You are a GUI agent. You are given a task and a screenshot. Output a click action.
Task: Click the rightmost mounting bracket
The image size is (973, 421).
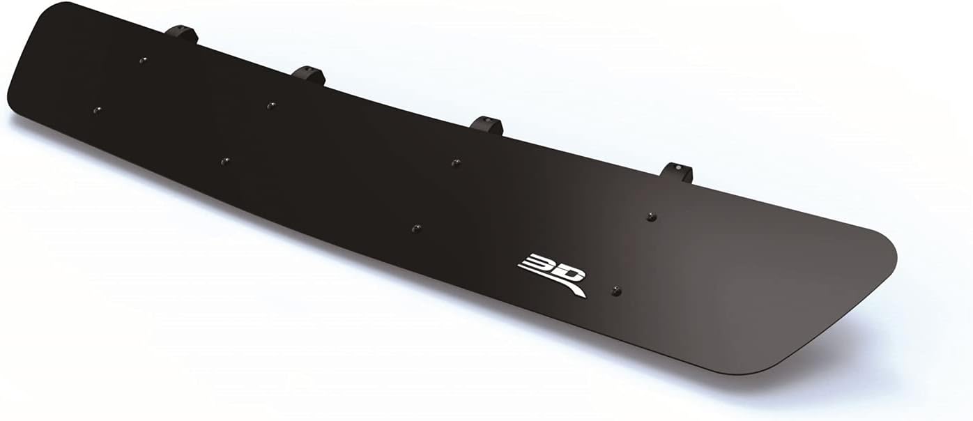(677, 171)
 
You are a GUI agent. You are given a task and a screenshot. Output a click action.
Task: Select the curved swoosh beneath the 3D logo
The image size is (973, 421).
(565, 286)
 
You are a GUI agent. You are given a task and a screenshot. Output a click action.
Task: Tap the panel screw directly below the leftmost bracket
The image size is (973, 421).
(144, 60)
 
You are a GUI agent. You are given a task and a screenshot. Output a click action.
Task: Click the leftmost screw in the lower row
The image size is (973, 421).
(97, 110)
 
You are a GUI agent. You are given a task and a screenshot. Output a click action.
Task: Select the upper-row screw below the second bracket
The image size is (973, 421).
(270, 105)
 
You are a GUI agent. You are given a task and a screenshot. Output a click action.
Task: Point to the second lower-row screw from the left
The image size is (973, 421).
(224, 161)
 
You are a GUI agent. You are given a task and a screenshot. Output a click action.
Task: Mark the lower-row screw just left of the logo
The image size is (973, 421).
(415, 228)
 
